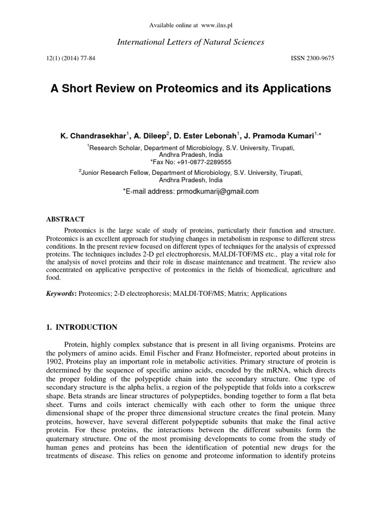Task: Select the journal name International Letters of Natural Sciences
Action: [191, 42]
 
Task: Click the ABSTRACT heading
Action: [65, 219]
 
